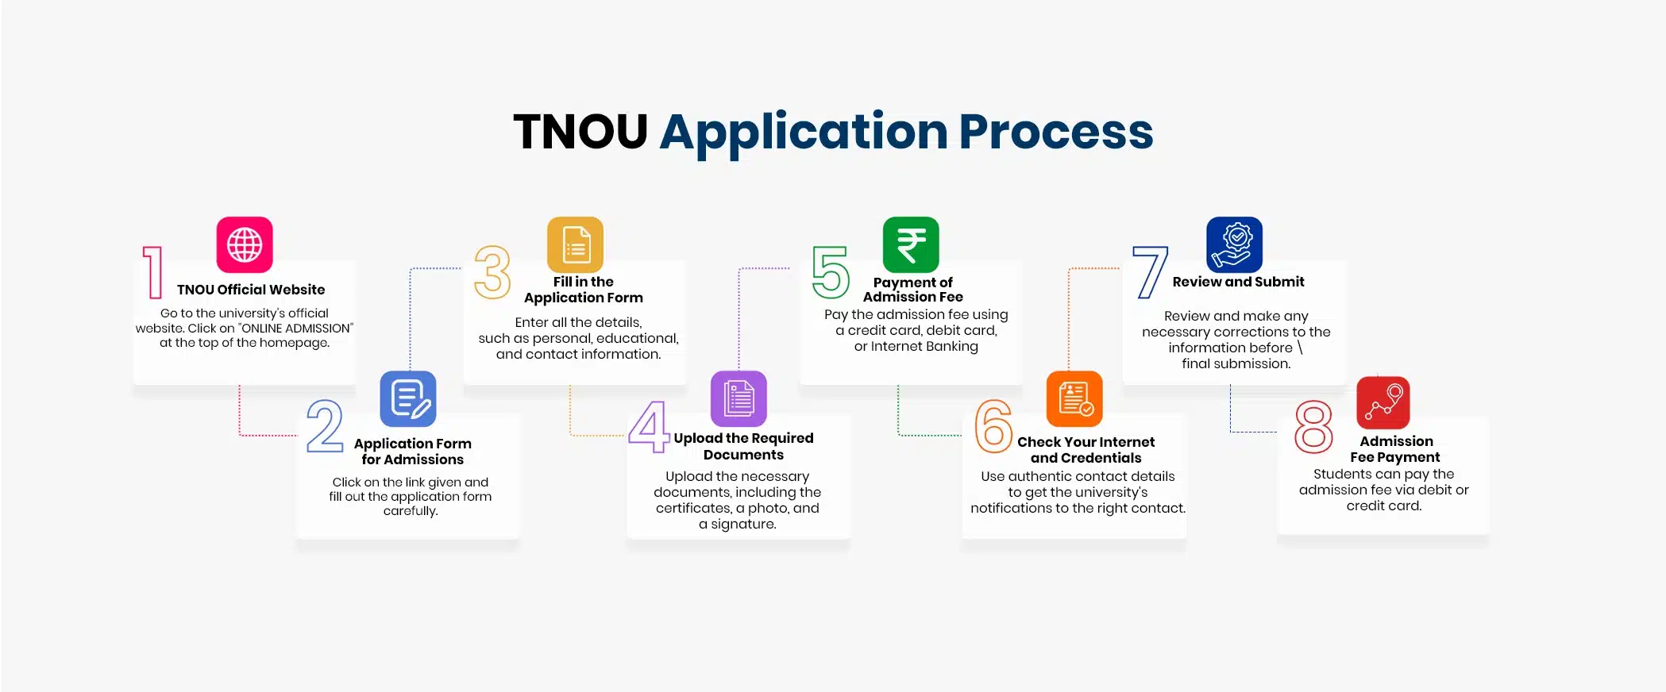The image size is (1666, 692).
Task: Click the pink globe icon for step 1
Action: coord(245,244)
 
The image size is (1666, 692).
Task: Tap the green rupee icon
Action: coord(911,244)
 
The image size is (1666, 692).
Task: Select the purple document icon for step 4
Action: coord(739,398)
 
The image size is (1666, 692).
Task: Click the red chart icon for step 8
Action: coord(1383,402)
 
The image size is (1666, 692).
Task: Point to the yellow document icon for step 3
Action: coord(576,244)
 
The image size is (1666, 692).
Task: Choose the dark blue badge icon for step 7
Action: coord(1234,244)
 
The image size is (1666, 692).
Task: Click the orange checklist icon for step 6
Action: coord(1074,398)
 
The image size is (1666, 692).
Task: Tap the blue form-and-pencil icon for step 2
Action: coord(408,398)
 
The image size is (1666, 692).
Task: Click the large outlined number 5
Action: coord(831,272)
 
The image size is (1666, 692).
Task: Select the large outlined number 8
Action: coord(1313,427)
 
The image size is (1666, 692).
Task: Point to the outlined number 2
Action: coord(325,426)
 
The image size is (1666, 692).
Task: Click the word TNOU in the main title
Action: coord(580,131)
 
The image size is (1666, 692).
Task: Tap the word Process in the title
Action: coord(1055,131)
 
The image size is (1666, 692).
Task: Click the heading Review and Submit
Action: coord(1238,282)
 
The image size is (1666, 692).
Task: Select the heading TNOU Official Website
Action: coord(251,290)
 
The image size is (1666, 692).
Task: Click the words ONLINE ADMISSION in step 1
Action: coord(295,329)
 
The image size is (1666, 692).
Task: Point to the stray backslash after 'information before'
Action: coord(1300,348)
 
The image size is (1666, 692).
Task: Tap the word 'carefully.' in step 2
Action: coord(411,511)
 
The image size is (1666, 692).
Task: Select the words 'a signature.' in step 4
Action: coord(738,525)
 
